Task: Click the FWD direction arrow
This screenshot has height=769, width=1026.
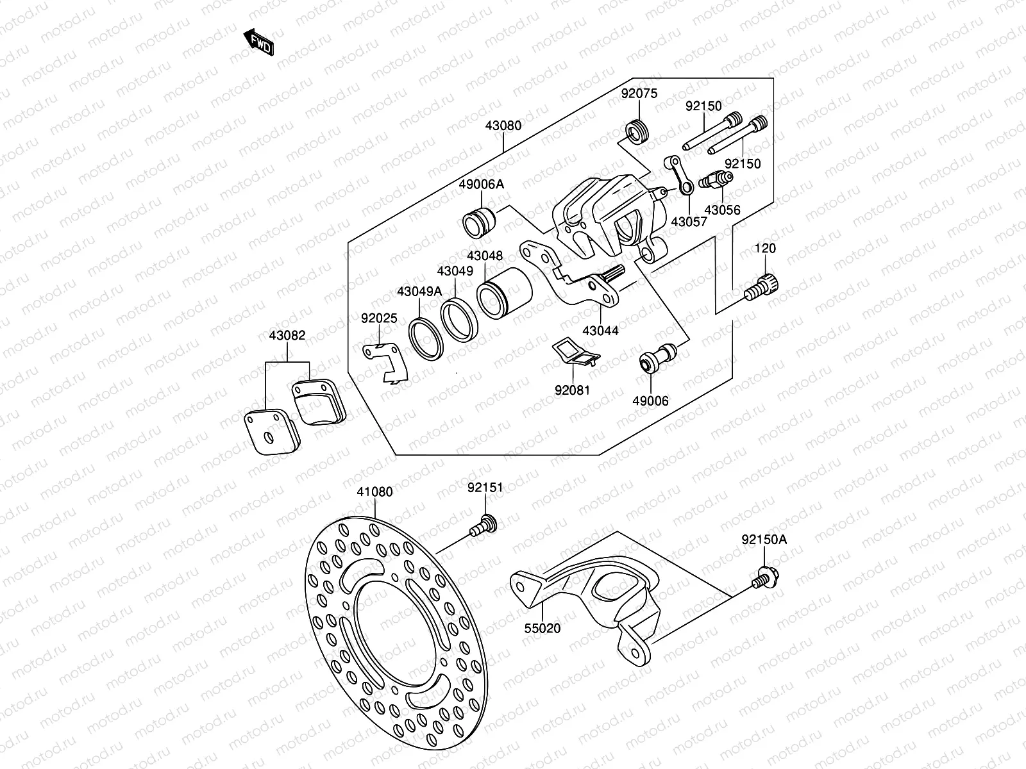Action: click(x=258, y=42)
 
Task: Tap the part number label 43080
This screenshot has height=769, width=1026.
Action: click(x=503, y=126)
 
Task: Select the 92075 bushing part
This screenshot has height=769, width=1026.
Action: click(x=637, y=132)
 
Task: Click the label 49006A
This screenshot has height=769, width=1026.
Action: click(x=481, y=185)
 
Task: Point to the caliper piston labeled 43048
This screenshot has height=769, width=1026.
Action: click(x=505, y=293)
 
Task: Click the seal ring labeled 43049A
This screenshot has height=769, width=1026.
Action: click(x=426, y=339)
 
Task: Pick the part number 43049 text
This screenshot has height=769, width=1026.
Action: click(x=455, y=271)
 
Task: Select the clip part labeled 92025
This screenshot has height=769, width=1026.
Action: click(x=385, y=363)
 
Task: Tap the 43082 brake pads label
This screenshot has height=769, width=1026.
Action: click(x=287, y=335)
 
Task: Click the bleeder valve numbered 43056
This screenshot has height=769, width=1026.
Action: click(x=716, y=179)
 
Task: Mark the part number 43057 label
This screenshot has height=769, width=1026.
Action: click(x=689, y=222)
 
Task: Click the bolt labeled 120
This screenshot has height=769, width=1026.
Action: click(x=761, y=287)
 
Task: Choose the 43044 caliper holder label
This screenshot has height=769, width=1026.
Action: click(x=600, y=331)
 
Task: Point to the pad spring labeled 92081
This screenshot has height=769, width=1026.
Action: click(x=576, y=352)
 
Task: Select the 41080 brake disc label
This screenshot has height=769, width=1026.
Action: click(x=374, y=492)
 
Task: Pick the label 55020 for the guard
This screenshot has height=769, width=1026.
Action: click(x=542, y=629)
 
